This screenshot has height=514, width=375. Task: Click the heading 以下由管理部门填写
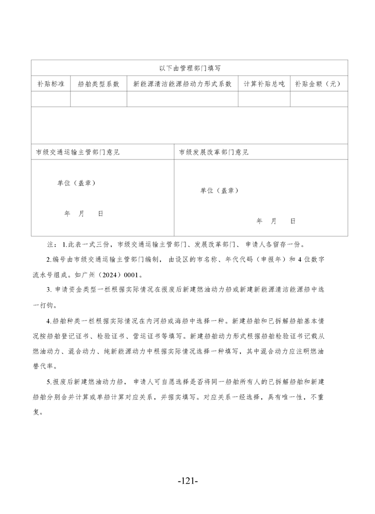(189, 67)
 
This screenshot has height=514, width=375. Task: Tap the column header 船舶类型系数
(98, 84)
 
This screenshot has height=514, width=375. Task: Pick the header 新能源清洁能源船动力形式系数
(182, 84)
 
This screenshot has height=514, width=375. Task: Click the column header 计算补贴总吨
(264, 84)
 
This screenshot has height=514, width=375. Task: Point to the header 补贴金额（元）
(318, 84)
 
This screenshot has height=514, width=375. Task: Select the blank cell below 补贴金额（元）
(318, 99)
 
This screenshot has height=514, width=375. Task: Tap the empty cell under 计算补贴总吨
(264, 99)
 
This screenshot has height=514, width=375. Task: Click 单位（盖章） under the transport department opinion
(76, 183)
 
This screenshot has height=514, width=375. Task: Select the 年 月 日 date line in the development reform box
(276, 221)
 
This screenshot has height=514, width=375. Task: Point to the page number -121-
(187, 480)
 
